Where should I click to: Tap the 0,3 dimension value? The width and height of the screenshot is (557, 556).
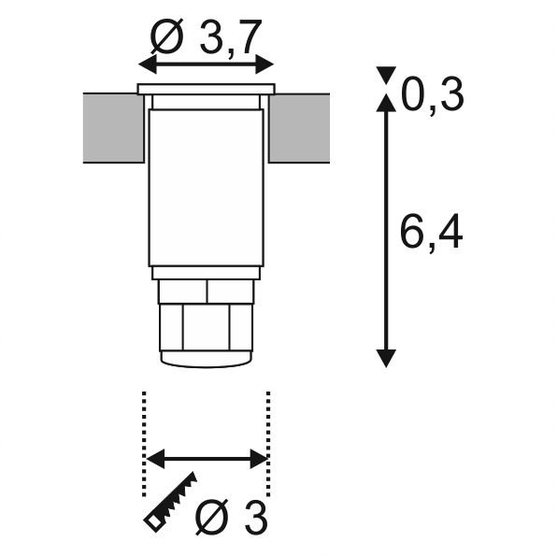pyautogui.click(x=433, y=94)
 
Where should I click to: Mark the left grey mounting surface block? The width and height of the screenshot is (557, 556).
pyautogui.click(x=111, y=128)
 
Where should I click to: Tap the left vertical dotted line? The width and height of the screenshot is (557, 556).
pyautogui.click(x=144, y=444)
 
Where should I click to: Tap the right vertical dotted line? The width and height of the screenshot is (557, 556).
pyautogui.click(x=268, y=444)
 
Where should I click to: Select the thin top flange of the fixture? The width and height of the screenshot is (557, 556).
pyautogui.click(x=206, y=90)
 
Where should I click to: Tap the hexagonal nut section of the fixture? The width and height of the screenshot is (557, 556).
pyautogui.click(x=206, y=327)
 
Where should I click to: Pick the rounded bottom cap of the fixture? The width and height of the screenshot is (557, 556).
pyautogui.click(x=206, y=358)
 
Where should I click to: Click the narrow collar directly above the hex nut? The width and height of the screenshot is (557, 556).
pyautogui.click(x=206, y=291)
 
